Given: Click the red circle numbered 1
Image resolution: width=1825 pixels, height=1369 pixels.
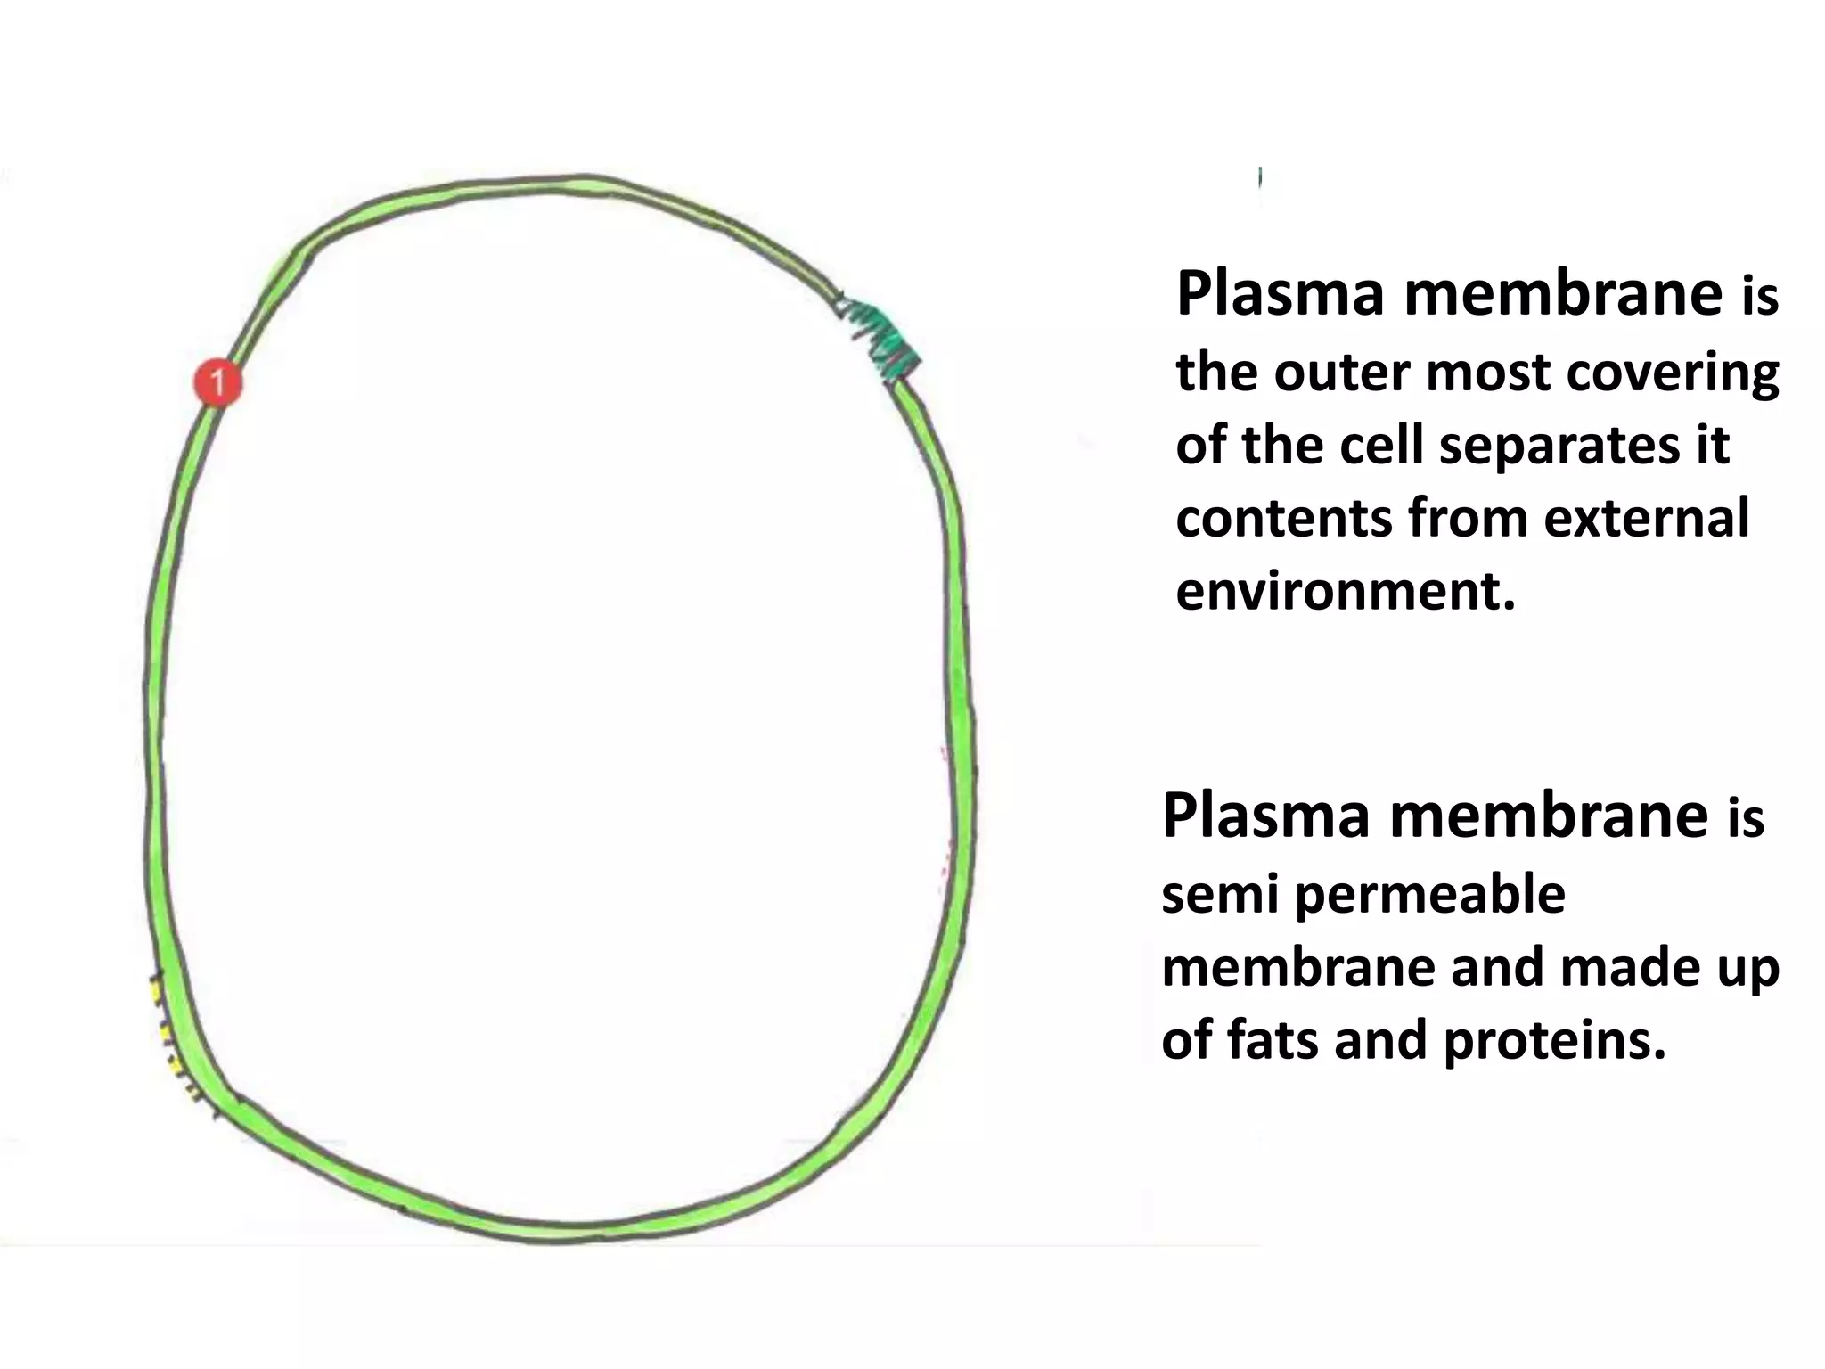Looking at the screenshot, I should [217, 383].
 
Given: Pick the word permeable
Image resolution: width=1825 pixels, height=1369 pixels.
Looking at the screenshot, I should [1430, 896].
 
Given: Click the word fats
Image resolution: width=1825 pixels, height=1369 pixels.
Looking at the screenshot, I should [1273, 1040].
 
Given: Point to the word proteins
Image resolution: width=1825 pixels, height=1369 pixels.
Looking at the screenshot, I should [1554, 1040].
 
